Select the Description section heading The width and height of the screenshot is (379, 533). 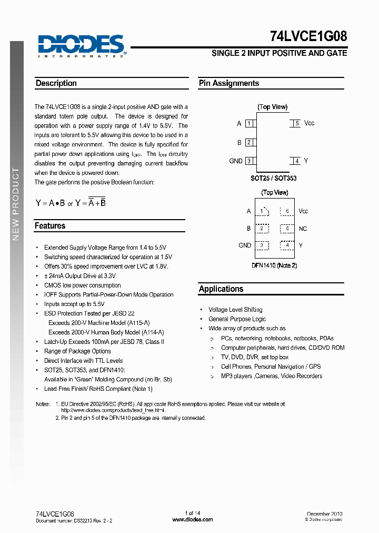point(56,83)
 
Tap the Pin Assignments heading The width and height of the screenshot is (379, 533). point(229,83)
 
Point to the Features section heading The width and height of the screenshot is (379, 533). point(50,226)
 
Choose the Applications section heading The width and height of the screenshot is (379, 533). point(221,289)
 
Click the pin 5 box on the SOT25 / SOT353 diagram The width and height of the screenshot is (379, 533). point(296,123)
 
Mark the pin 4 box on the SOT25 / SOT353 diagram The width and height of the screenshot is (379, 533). point(296,161)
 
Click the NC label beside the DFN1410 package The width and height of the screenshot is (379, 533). point(303,229)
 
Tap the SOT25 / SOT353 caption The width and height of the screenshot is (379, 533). point(273,179)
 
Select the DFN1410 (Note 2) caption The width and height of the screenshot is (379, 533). point(274,265)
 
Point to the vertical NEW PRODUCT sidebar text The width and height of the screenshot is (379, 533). point(16,204)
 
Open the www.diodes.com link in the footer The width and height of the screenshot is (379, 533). point(193,519)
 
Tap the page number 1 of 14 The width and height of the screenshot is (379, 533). point(193,513)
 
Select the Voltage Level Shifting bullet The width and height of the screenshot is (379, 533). point(235,310)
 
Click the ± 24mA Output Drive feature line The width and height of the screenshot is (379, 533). point(80,276)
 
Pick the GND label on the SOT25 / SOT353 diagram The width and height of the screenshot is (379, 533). point(236,161)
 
